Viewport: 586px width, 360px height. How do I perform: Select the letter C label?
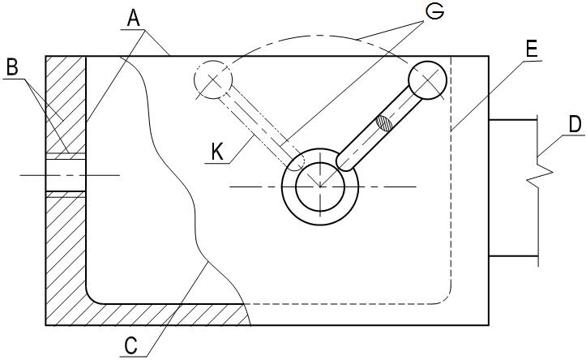(x=130, y=345)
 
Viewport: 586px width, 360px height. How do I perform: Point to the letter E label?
(x=531, y=49)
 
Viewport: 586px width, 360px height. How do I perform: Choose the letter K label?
(x=216, y=151)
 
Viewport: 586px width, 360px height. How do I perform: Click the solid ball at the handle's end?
(x=427, y=80)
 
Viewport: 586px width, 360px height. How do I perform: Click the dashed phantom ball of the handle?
(x=213, y=79)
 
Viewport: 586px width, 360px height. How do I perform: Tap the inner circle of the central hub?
(x=320, y=186)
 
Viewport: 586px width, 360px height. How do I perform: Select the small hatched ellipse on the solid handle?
(x=383, y=124)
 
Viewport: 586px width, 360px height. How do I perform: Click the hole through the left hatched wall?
(x=65, y=174)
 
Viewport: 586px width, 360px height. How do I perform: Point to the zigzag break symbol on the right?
(x=537, y=173)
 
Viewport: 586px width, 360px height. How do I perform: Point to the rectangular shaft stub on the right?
(x=512, y=188)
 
